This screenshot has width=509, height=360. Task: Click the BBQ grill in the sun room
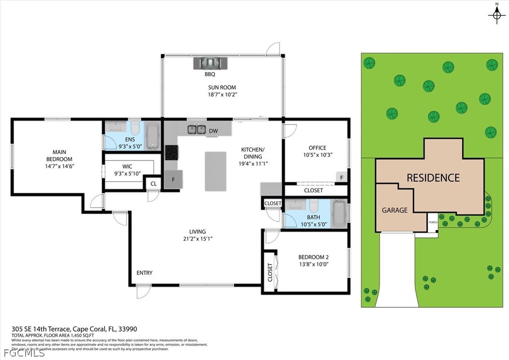click(210, 63)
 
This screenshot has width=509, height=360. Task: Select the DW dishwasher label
click(213, 130)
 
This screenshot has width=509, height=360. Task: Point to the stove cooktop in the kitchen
click(171, 152)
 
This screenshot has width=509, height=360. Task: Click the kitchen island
click(215, 171)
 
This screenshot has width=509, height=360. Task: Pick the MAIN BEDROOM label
click(59, 156)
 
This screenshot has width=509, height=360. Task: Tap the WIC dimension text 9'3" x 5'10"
click(127, 173)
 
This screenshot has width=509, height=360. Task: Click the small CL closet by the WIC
click(154, 184)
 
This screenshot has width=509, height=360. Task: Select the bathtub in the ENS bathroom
click(152, 137)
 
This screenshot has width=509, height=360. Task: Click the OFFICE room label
click(317, 148)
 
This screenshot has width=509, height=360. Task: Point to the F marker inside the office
click(341, 177)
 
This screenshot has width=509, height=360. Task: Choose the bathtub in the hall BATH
click(339, 214)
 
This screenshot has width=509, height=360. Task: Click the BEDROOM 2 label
click(313, 257)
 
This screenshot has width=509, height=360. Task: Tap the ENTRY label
click(144, 273)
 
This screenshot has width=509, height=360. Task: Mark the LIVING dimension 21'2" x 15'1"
click(197, 239)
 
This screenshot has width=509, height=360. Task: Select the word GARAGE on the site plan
click(395, 210)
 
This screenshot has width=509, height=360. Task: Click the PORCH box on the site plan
click(432, 222)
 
